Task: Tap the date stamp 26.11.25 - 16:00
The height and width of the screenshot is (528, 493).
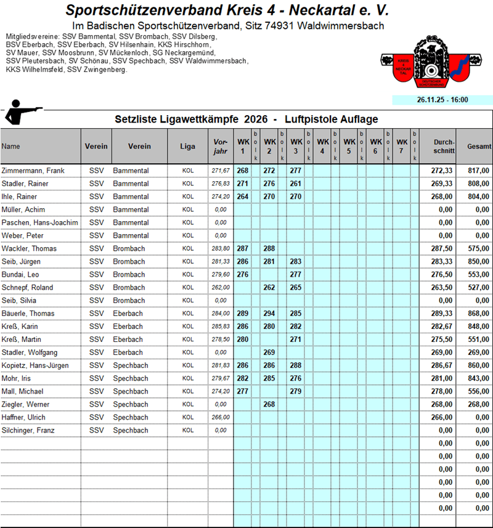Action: coord(442,99)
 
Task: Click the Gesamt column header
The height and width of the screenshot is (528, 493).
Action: coord(479,147)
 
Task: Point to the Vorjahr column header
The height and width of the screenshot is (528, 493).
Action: coord(219,146)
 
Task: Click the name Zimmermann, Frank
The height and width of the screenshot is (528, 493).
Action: coord(29,171)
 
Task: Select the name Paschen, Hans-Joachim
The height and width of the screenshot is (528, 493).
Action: coord(39,222)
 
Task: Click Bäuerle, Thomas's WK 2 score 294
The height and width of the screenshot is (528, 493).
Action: coord(269,314)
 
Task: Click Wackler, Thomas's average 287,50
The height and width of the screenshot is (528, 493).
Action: coord(442,248)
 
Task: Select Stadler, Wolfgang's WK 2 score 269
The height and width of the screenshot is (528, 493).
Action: coord(269,352)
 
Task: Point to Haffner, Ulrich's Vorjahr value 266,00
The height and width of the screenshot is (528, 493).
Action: coord(219,417)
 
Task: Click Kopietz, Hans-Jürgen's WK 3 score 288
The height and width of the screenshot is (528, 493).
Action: coord(295,365)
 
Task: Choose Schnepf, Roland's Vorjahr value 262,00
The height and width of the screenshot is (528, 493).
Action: coord(219,288)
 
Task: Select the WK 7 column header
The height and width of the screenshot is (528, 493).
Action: coord(401,146)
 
